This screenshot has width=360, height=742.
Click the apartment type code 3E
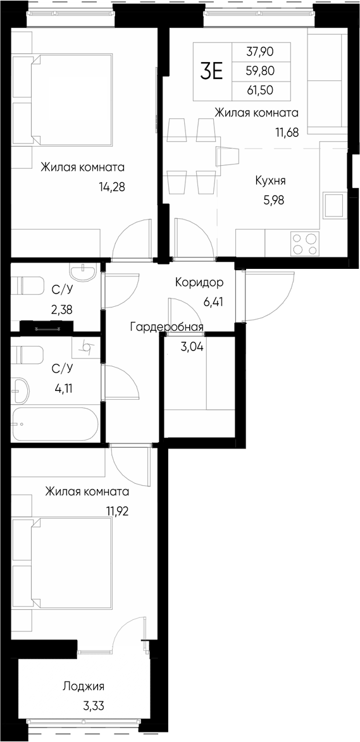click(x=212, y=71)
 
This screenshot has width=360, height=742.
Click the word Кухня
click(x=270, y=181)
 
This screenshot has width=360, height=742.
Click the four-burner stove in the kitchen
click(x=304, y=244)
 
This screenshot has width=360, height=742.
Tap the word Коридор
click(x=199, y=283)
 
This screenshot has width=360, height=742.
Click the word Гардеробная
click(x=166, y=327)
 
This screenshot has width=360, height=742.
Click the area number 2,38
click(x=62, y=310)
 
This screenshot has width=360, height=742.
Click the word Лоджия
click(x=84, y=686)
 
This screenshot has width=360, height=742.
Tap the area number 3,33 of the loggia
click(x=92, y=705)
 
